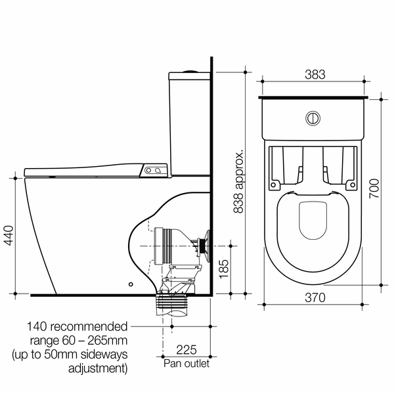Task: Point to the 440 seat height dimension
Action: (x=8, y=234)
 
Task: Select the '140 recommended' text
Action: (x=77, y=326)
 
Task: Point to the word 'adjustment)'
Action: (x=97, y=369)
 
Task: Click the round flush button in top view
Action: (x=313, y=119)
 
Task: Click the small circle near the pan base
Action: (x=131, y=285)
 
